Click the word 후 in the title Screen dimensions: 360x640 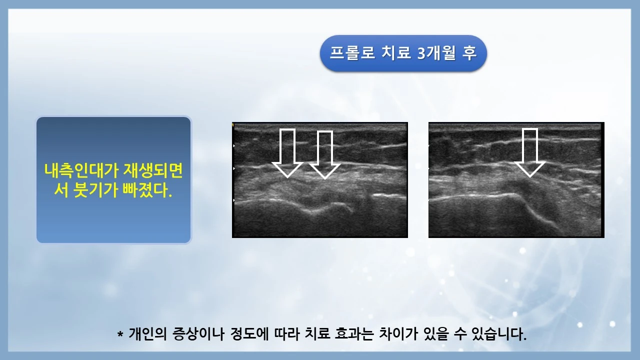point(469,53)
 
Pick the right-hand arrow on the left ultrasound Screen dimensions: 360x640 point(325,154)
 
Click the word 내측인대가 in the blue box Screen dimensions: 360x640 point(74,171)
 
